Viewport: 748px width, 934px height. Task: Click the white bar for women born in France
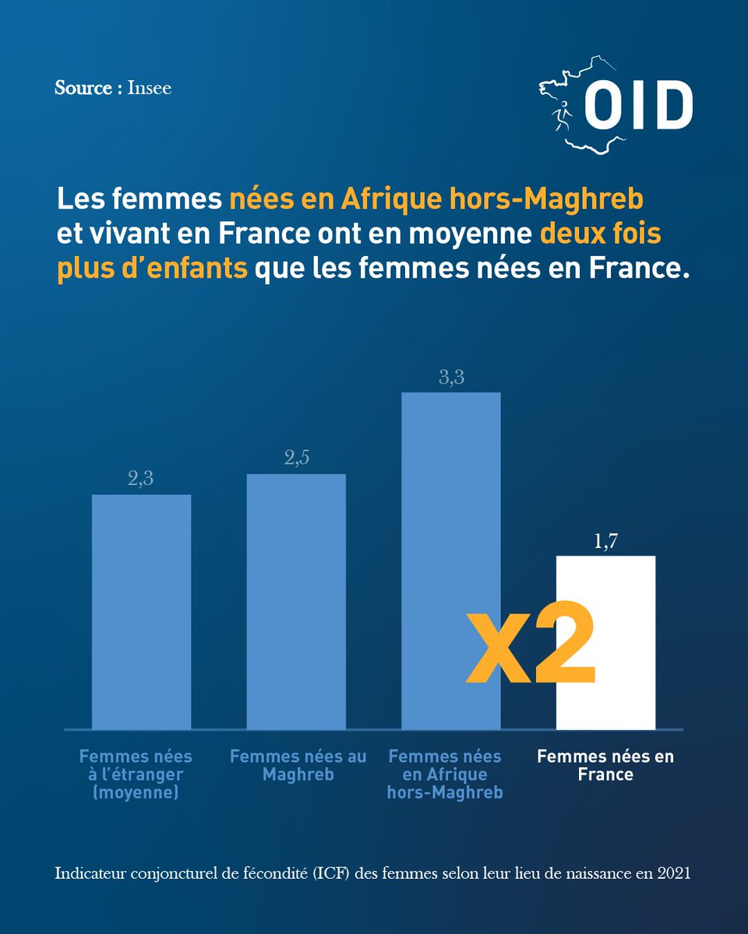(605, 642)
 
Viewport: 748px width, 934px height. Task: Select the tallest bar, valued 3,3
(450, 560)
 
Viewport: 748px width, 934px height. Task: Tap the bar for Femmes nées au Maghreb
(296, 602)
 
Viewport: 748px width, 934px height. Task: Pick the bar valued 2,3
(141, 612)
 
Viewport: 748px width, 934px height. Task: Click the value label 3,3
(452, 377)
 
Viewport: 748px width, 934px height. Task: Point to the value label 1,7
(606, 541)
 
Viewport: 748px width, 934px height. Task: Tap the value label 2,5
(297, 458)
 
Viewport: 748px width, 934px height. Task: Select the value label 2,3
(140, 479)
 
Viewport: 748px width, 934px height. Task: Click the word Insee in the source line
(149, 88)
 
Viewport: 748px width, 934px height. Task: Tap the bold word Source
(83, 88)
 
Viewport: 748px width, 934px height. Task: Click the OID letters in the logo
(638, 105)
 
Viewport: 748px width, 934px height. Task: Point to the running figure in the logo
(562, 116)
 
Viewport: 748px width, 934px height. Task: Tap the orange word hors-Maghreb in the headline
(546, 199)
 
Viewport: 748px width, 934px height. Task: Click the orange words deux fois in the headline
(600, 233)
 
